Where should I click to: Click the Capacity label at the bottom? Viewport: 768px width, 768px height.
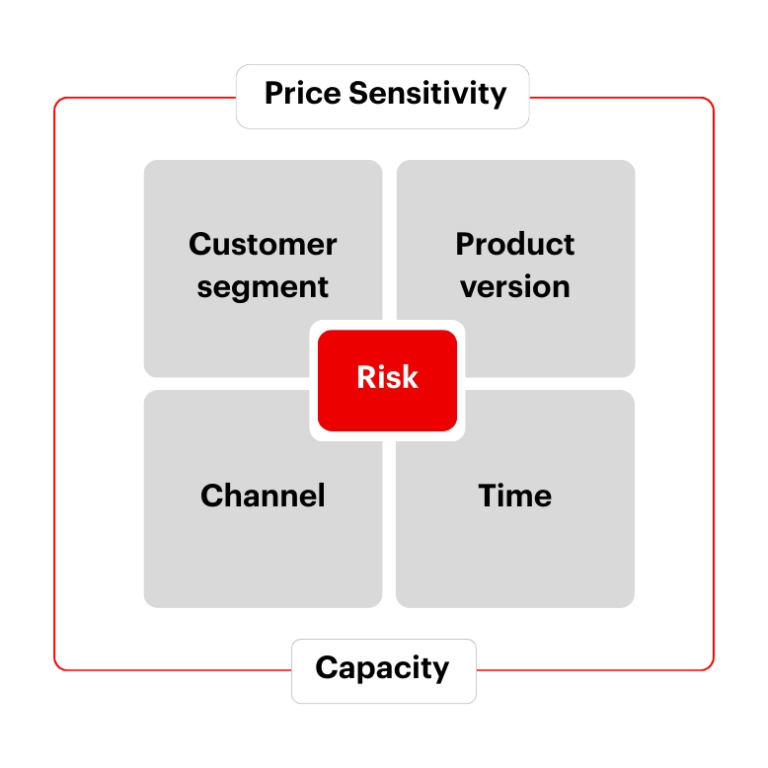pyautogui.click(x=383, y=668)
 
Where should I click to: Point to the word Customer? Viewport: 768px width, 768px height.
pyautogui.click(x=263, y=244)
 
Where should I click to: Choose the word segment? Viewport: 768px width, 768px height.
pyautogui.click(x=263, y=287)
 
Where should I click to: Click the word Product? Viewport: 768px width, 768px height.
pyautogui.click(x=515, y=244)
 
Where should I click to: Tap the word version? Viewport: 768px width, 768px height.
pyautogui.click(x=515, y=287)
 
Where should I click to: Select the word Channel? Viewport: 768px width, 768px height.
pyautogui.click(x=263, y=495)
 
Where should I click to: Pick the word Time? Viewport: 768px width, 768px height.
pyautogui.click(x=515, y=495)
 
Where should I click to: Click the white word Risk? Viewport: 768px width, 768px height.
pyautogui.click(x=387, y=377)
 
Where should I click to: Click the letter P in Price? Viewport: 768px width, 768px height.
pyautogui.click(x=273, y=94)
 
